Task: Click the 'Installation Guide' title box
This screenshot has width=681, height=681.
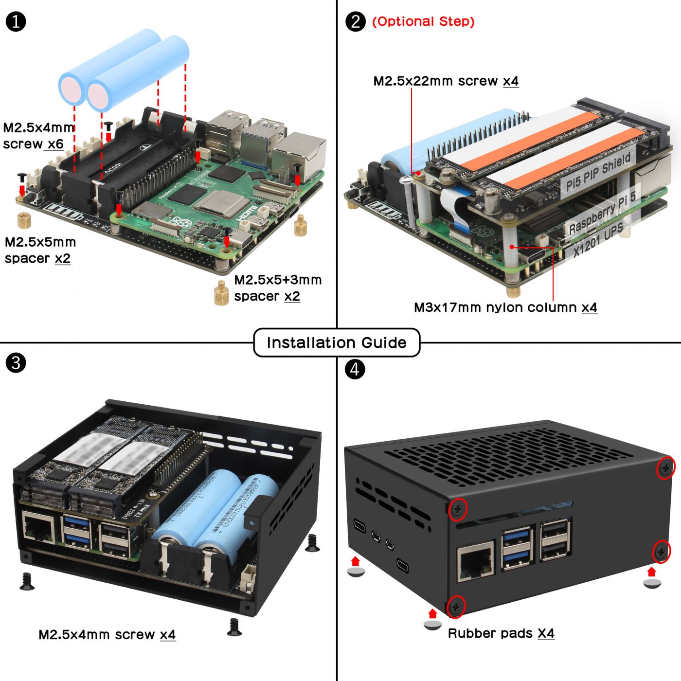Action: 336,342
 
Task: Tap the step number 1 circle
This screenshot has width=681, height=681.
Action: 16,22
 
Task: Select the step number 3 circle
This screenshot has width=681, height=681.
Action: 16,363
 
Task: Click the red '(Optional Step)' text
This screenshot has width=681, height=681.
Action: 423,21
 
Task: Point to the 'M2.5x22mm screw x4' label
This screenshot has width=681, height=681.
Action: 446,81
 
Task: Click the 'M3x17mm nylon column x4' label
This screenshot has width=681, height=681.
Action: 505,307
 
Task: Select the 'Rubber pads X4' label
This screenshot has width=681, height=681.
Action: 501,633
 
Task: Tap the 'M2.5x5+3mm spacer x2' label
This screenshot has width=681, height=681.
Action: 277,288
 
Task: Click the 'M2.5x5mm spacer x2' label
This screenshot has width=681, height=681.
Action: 40,250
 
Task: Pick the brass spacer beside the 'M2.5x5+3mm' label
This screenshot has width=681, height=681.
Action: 222,293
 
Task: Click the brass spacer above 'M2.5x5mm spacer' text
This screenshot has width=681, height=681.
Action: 24,220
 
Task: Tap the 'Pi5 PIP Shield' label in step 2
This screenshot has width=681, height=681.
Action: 598,171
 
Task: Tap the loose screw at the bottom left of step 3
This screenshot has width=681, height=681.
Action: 27,581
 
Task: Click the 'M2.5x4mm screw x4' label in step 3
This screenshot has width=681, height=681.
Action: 107,635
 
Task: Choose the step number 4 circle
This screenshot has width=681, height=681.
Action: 355,369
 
